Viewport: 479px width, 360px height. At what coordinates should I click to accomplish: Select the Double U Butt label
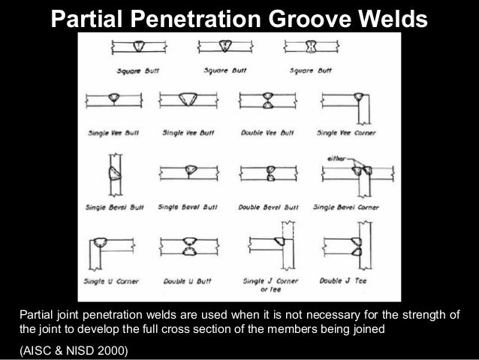(x=188, y=280)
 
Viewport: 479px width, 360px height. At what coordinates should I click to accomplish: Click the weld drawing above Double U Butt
(x=188, y=245)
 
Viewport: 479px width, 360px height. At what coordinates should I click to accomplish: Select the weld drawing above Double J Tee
(x=348, y=245)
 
